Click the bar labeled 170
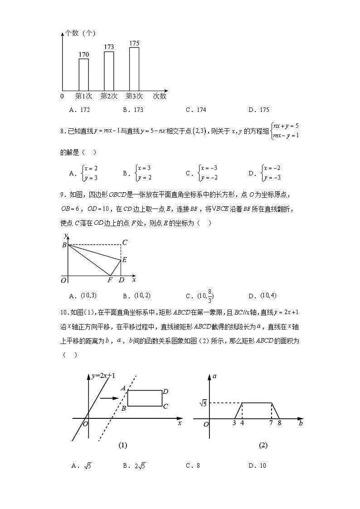(84, 74)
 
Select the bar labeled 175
(134, 68)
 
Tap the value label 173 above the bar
(109, 47)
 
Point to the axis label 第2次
(109, 96)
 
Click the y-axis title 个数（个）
(80, 33)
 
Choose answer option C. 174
(196, 110)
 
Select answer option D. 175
(259, 110)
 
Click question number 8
(63, 131)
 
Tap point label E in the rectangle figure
(124, 260)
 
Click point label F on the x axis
(110, 281)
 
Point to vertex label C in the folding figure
(124, 242)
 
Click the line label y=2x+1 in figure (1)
(103, 376)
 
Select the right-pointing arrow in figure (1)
(109, 398)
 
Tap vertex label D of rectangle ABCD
(166, 392)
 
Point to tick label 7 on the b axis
(271, 423)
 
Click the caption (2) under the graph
(263, 445)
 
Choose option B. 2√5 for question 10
(136, 465)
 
